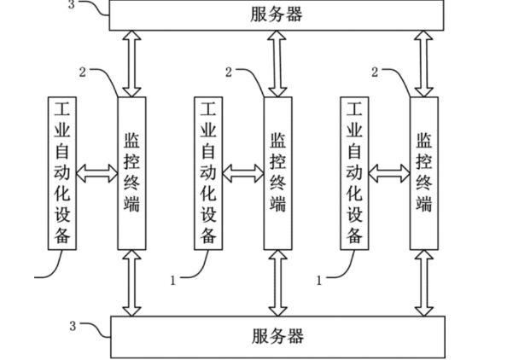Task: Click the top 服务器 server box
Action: (x=277, y=15)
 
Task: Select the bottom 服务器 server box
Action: (x=277, y=336)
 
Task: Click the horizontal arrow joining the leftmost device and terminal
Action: (x=96, y=173)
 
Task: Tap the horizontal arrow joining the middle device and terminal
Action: (x=242, y=173)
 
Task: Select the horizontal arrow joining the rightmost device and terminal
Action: (x=388, y=173)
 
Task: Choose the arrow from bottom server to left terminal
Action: (x=131, y=282)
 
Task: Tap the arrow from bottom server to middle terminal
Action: (x=277, y=282)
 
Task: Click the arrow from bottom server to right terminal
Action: (x=423, y=282)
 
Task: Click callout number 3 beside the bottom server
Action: (x=73, y=325)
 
